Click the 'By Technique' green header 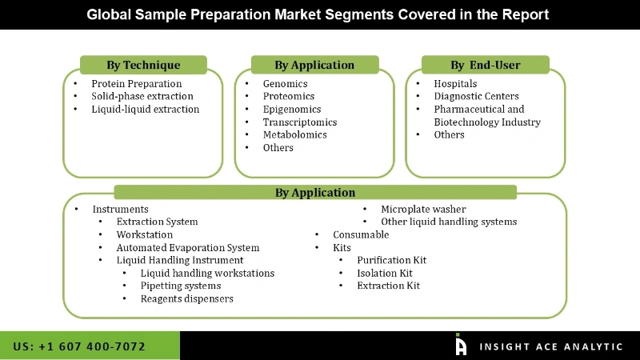pyautogui.click(x=143, y=65)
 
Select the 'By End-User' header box pyautogui.click(x=486, y=65)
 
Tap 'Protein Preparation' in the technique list pyautogui.click(x=136, y=83)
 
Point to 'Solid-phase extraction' pyautogui.click(x=142, y=96)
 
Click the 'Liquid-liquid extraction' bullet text pyautogui.click(x=145, y=109)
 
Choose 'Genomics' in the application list pyautogui.click(x=285, y=83)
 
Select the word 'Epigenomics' pyautogui.click(x=291, y=109)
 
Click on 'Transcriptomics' pyautogui.click(x=299, y=122)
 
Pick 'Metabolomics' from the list pyautogui.click(x=294, y=134)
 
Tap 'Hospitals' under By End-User pyautogui.click(x=454, y=83)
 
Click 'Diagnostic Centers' pyautogui.click(x=476, y=96)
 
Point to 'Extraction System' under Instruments pyautogui.click(x=157, y=222)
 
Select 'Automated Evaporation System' pyautogui.click(x=187, y=247)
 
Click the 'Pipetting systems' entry pyautogui.click(x=180, y=286)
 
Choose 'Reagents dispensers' pyautogui.click(x=186, y=298)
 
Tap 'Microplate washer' pyautogui.click(x=422, y=209)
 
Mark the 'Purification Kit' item pyautogui.click(x=391, y=260)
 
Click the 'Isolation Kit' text pyautogui.click(x=384, y=273)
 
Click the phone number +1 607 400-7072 pyautogui.click(x=79, y=346)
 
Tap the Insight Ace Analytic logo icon pyautogui.click(x=461, y=345)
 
